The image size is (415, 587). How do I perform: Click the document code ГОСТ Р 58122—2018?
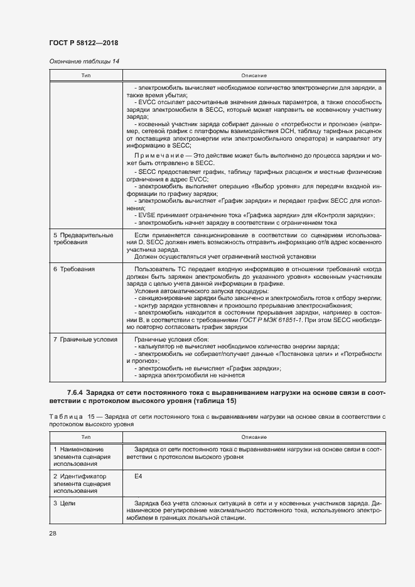(x=84, y=43)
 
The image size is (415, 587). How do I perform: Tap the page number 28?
(x=52, y=532)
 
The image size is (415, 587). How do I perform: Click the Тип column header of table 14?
(x=85, y=75)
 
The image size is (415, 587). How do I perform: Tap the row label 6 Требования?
(x=74, y=269)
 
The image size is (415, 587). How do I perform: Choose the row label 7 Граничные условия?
(x=85, y=339)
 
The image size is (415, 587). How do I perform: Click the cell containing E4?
(x=139, y=477)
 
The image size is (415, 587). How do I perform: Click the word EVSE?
(x=147, y=215)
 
